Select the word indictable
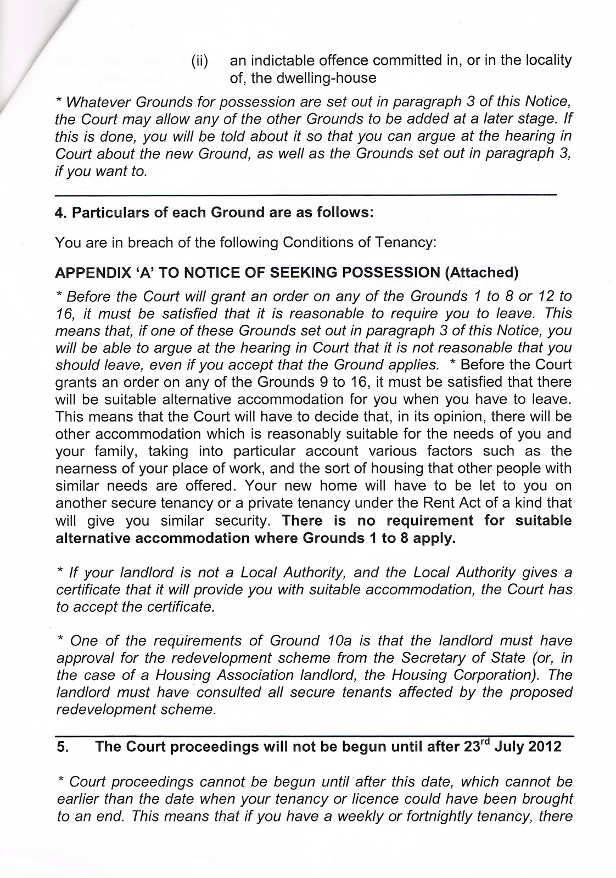[x=278, y=60]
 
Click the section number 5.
[x=62, y=747]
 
